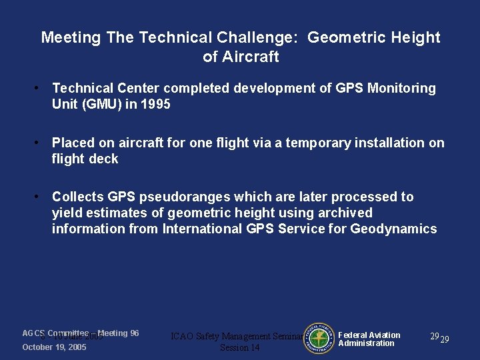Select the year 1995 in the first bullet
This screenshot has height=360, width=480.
click(x=155, y=104)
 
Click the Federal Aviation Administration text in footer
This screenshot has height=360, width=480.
click(x=369, y=339)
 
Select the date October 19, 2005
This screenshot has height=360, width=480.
click(x=54, y=347)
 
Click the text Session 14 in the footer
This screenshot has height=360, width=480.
click(x=239, y=347)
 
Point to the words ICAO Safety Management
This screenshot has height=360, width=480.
click(x=221, y=337)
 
